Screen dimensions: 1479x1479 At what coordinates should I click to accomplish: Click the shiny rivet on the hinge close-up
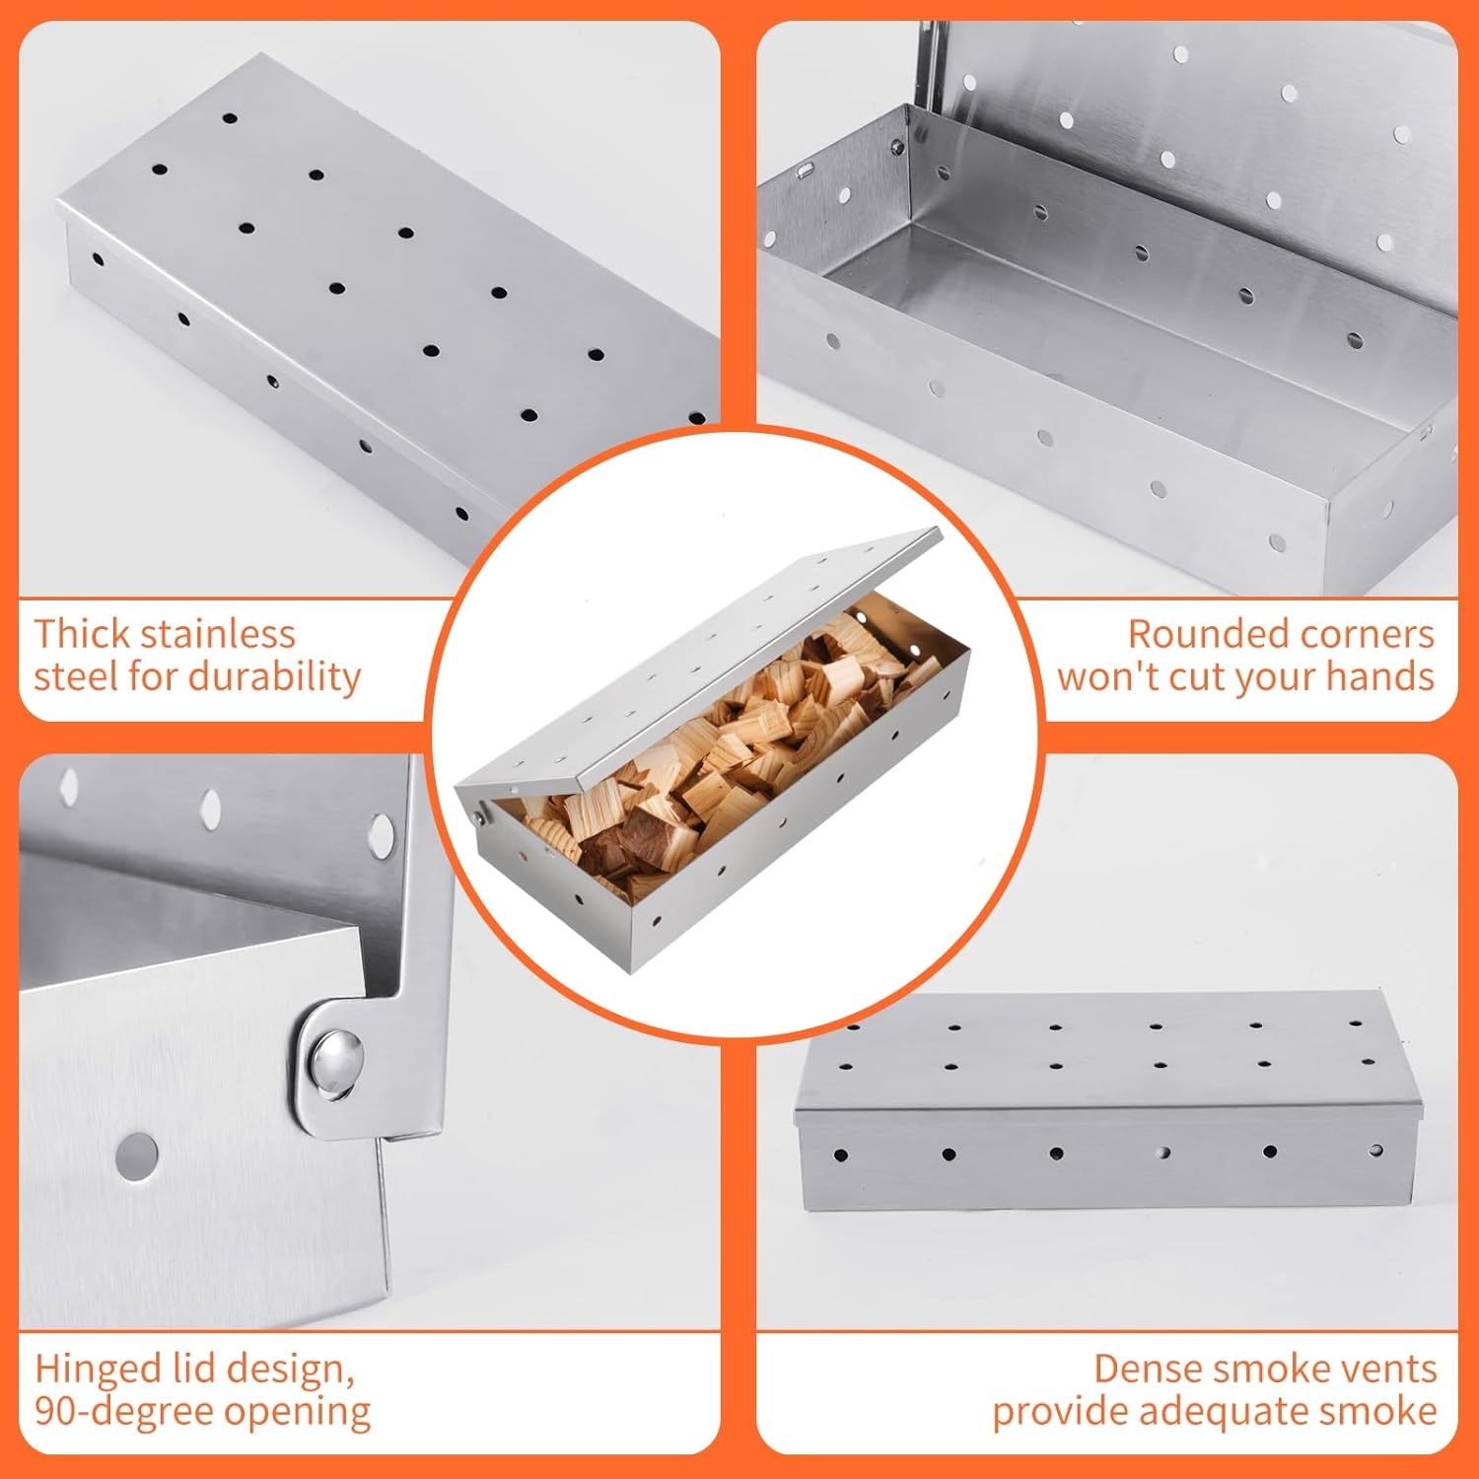tap(335, 1063)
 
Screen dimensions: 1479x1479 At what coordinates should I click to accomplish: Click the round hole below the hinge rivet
tap(137, 1156)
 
